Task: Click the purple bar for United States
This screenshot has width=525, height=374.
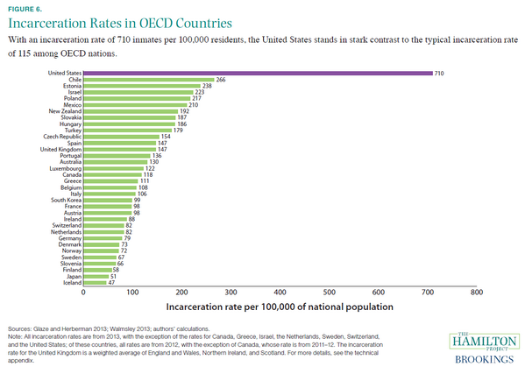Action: (258, 74)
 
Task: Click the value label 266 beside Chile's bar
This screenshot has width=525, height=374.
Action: (221, 80)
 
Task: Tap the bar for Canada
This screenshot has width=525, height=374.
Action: (112, 174)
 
